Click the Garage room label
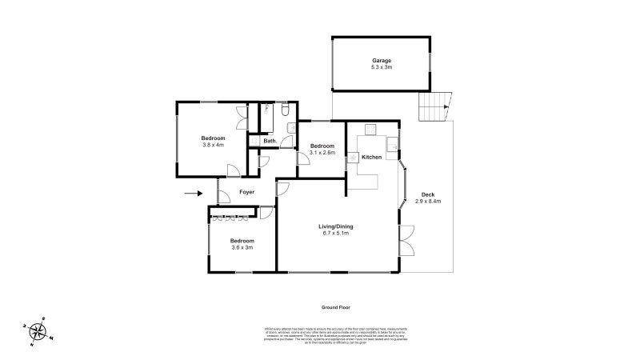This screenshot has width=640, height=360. coord(380,61)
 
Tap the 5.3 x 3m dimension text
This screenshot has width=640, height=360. coord(380,70)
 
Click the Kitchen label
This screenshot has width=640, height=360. coord(371,158)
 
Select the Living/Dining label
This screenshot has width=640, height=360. coord(338,226)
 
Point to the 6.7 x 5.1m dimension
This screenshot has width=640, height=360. coord(338,234)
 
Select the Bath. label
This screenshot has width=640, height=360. coord(270,142)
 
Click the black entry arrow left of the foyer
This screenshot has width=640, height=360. coord(193,193)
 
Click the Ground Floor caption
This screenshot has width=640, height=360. coord(336,307)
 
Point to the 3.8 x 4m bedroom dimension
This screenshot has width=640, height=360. coord(213,145)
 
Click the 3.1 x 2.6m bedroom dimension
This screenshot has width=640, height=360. coord(322,153)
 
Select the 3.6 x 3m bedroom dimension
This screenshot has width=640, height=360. coord(242,248)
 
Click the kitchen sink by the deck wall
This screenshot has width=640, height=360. coord(392,144)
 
